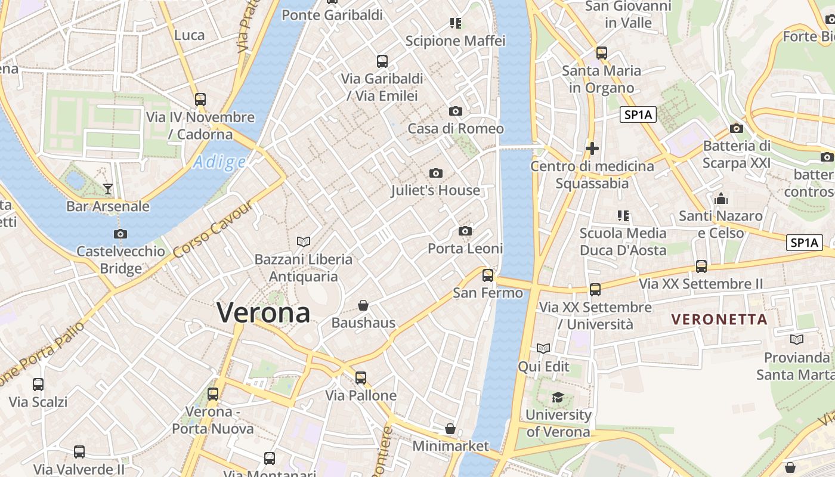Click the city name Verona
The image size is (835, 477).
pyautogui.click(x=263, y=312)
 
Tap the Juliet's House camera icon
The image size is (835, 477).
pyautogui.click(x=436, y=174)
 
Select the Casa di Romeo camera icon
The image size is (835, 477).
pyautogui.click(x=456, y=111)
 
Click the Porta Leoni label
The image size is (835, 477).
pyautogui.click(x=465, y=249)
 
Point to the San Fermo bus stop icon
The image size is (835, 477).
pyautogui.click(x=488, y=275)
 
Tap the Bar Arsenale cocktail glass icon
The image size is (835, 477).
pyautogui.click(x=108, y=189)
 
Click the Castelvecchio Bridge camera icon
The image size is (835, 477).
pyautogui.click(x=120, y=234)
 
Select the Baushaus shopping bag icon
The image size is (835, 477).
pyautogui.click(x=363, y=306)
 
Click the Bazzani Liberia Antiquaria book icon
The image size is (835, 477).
pyautogui.click(x=304, y=241)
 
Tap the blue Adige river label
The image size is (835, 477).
pyautogui.click(x=219, y=162)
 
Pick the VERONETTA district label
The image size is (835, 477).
pyautogui.click(x=719, y=320)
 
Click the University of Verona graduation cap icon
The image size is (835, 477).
pyautogui.click(x=558, y=397)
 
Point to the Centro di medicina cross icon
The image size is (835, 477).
pyautogui.click(x=592, y=148)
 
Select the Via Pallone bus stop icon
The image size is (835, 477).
pyautogui.click(x=361, y=378)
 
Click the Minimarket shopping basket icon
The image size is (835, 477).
pyautogui.click(x=450, y=429)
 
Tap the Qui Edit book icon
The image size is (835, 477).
pyautogui.click(x=543, y=348)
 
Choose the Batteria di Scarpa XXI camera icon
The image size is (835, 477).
pyautogui.click(x=737, y=128)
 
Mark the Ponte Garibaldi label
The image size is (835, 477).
pyautogui.click(x=332, y=15)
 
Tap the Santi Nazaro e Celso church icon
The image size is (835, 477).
pyautogui.click(x=721, y=199)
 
